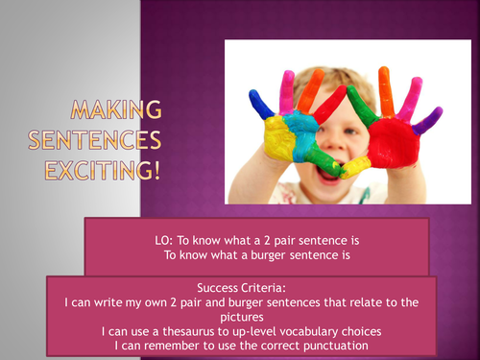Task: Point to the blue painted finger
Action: [x=258, y=104]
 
